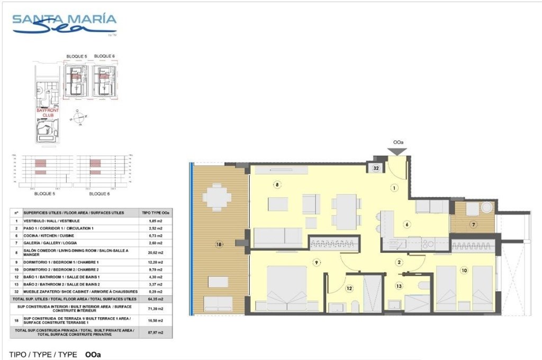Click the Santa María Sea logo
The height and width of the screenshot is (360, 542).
(x=64, y=24)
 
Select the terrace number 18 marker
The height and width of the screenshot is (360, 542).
(x=218, y=244)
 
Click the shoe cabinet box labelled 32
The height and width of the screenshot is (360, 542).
(x=376, y=168)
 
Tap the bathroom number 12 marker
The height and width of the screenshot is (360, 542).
(x=349, y=289)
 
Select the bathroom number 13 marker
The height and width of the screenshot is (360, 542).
(x=400, y=286)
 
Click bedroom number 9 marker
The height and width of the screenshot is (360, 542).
(x=316, y=262)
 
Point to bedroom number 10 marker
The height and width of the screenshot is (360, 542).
(x=464, y=271)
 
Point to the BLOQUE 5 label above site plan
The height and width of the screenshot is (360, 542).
(x=76, y=56)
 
